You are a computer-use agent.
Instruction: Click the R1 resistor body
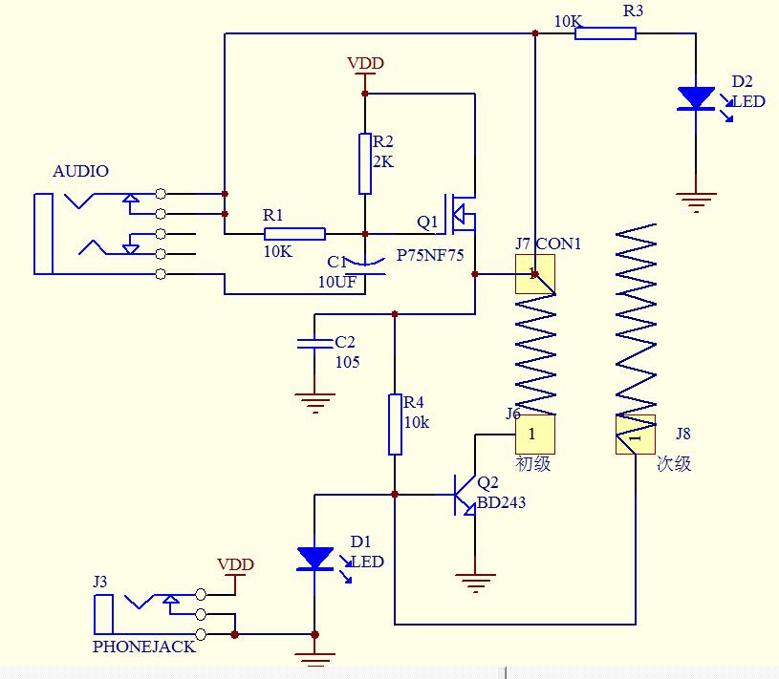pos(294,234)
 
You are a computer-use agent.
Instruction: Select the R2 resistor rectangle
pos(365,164)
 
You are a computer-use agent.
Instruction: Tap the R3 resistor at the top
pos(605,33)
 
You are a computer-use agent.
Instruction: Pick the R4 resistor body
pos(395,424)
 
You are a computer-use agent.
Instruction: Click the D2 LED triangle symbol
pos(696,98)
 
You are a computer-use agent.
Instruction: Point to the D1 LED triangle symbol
pos(314,559)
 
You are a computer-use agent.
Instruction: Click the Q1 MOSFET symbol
pos(460,214)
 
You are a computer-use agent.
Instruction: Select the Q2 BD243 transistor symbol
pos(465,495)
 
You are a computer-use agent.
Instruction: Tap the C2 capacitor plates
pos(314,344)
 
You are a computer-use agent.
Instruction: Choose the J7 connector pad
pos(535,274)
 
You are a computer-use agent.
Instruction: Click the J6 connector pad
pos(535,435)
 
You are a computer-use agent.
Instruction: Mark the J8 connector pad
pos(636,435)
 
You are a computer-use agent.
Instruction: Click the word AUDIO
pos(80,171)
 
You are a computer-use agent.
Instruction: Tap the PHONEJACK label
pos(144,647)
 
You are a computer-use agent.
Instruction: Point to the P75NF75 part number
pos(430,255)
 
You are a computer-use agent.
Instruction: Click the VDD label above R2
pos(366,64)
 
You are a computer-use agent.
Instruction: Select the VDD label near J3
pos(235,564)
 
